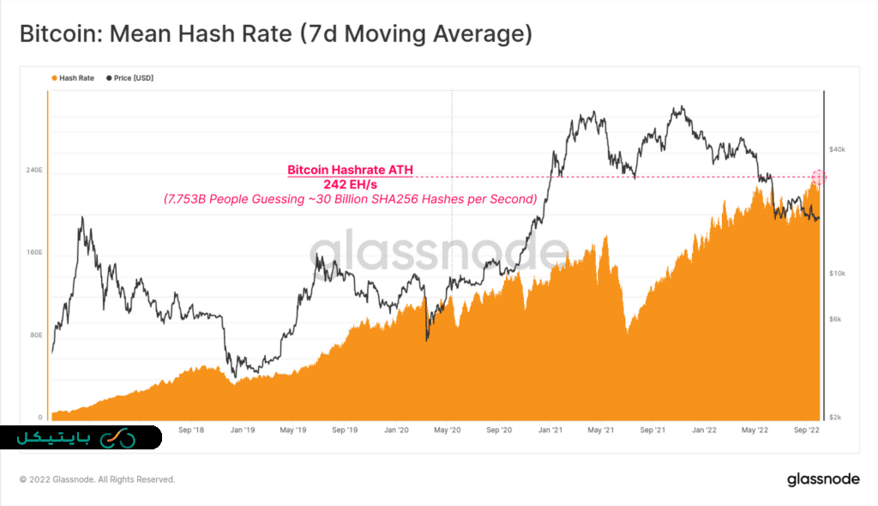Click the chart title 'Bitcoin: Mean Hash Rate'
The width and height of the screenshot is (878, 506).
[x=275, y=35]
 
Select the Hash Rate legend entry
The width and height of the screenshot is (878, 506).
[x=74, y=78]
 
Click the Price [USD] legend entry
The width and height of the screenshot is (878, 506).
[x=130, y=78]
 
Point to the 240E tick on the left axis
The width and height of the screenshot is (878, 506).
[x=34, y=171]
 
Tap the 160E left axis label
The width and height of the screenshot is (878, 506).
[x=34, y=253]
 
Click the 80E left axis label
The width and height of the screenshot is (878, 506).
[x=36, y=335]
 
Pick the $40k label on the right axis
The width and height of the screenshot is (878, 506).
[x=835, y=150]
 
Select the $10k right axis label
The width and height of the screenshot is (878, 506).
[x=835, y=274]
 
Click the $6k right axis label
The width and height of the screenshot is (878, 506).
[x=835, y=319]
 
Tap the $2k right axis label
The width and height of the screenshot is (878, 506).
[x=835, y=417]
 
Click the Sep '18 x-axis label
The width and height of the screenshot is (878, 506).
[x=191, y=430]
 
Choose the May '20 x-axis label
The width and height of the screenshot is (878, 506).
[x=447, y=430]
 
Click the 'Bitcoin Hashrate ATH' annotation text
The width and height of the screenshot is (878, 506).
[x=350, y=170]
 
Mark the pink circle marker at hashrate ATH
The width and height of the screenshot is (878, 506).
[x=818, y=177]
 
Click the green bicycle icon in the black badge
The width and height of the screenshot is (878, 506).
[x=117, y=438]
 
